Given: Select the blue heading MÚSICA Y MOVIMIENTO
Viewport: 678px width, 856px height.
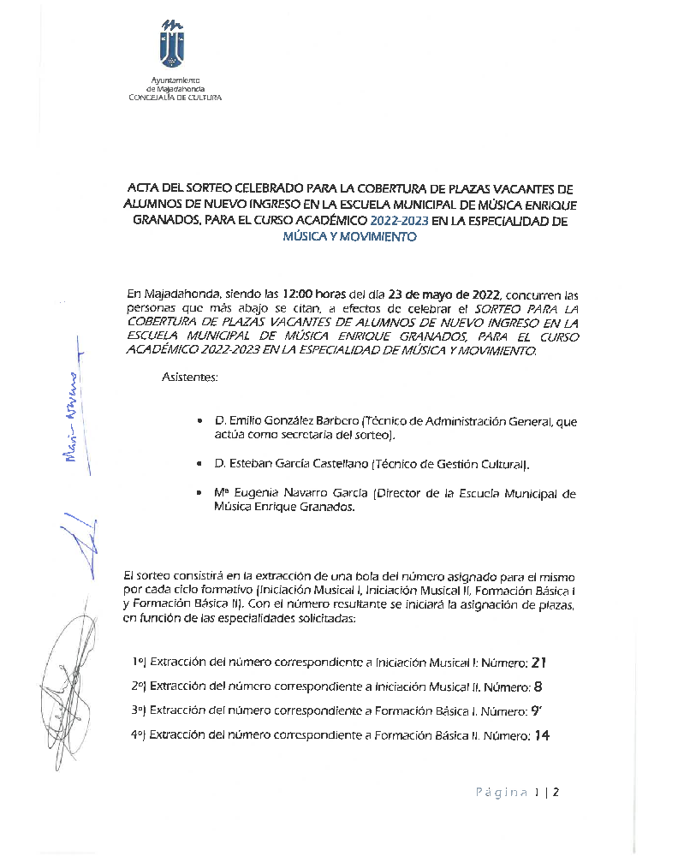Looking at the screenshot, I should coord(350,237).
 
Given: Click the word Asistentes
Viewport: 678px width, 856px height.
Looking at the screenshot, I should coord(189,377).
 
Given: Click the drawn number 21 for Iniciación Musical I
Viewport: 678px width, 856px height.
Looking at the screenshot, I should coord(538,662).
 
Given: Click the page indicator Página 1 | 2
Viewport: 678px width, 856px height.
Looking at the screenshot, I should coord(517,792).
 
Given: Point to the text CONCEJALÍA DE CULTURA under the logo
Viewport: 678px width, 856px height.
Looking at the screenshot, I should coord(175,98).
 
